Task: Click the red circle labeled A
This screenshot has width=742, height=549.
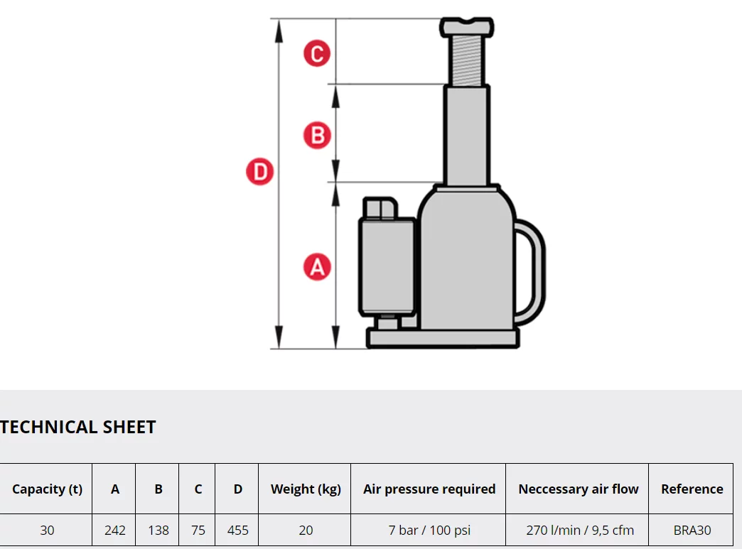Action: (317, 267)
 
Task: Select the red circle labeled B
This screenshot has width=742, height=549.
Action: (317, 135)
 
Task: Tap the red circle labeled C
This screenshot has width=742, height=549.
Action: (317, 53)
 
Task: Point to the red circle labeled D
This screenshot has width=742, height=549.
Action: (260, 173)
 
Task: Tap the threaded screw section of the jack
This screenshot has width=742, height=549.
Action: (466, 60)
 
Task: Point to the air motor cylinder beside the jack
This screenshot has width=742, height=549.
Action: (387, 266)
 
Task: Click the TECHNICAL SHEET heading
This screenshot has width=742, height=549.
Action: (78, 427)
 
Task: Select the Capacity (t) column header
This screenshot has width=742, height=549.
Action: (47, 489)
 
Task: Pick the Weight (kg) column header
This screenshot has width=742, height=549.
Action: (306, 489)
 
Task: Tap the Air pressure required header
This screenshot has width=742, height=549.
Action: (429, 489)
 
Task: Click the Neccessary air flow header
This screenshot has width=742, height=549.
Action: (578, 489)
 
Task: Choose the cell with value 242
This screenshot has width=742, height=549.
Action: (114, 530)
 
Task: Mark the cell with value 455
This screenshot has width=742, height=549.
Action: (237, 530)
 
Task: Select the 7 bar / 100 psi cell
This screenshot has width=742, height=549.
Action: (429, 530)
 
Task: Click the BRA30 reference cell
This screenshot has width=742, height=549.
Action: (692, 530)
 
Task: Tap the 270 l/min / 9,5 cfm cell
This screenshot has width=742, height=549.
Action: (578, 530)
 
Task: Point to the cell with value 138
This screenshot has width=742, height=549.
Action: (158, 530)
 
